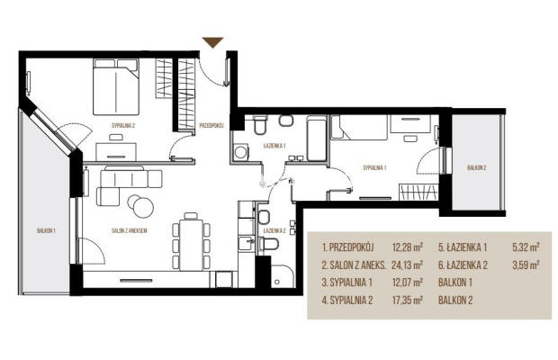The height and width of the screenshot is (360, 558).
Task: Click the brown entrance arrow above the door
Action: [x=212, y=41]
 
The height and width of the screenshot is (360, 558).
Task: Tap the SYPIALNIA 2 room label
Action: [x=123, y=125]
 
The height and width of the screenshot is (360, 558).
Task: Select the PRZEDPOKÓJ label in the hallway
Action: [x=211, y=125]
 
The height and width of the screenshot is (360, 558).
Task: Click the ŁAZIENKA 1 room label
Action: [x=274, y=146]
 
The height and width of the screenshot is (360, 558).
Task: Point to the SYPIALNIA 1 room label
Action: [x=374, y=168]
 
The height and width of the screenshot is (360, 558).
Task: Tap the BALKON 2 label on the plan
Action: [x=477, y=168]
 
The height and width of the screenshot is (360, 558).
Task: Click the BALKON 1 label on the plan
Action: [x=46, y=231]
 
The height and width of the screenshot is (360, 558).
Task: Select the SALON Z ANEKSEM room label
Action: [x=130, y=231]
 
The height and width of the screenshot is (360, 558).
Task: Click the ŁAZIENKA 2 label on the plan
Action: [x=274, y=231]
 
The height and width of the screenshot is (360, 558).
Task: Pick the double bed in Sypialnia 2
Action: [x=116, y=86]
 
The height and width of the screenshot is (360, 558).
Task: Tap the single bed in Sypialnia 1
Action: [x=359, y=127]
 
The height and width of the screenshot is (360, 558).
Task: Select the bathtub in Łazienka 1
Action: [x=317, y=139]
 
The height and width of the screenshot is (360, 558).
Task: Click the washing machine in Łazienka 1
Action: [x=240, y=152]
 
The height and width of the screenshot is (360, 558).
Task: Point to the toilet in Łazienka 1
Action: [x=260, y=124]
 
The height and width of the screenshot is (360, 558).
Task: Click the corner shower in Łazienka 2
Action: [x=283, y=276]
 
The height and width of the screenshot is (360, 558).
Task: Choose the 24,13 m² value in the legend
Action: [x=407, y=265]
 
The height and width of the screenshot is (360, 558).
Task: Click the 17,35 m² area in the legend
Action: [x=407, y=301]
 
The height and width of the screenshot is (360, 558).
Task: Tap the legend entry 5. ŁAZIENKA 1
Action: [x=463, y=247]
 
